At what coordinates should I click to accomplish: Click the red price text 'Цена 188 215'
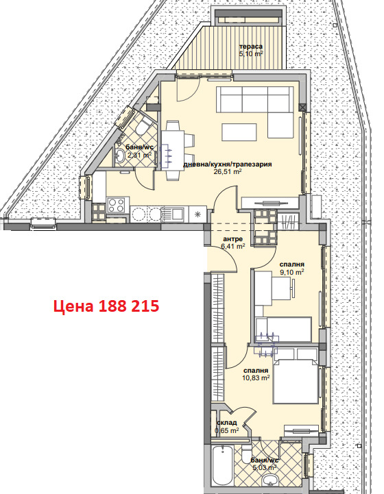108,306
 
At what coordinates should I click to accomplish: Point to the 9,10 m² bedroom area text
291,272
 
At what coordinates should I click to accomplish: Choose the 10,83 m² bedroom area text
256,377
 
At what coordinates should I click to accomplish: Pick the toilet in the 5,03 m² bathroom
246,456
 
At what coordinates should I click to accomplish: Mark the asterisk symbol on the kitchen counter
197,214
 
